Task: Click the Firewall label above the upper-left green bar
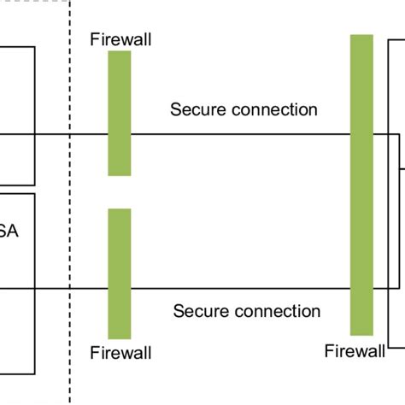(x=119, y=39)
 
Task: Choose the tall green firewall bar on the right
(x=361, y=185)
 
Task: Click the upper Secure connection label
(x=244, y=109)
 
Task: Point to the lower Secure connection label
(x=247, y=311)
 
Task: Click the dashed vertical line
(x=70, y=214)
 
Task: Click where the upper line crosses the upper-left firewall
(x=120, y=134)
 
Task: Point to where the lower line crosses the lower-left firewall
(x=120, y=289)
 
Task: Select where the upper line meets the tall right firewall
(x=361, y=134)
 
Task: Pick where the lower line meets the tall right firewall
(x=361, y=289)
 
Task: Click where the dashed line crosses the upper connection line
(x=70, y=134)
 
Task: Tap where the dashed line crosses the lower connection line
(x=70, y=289)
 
